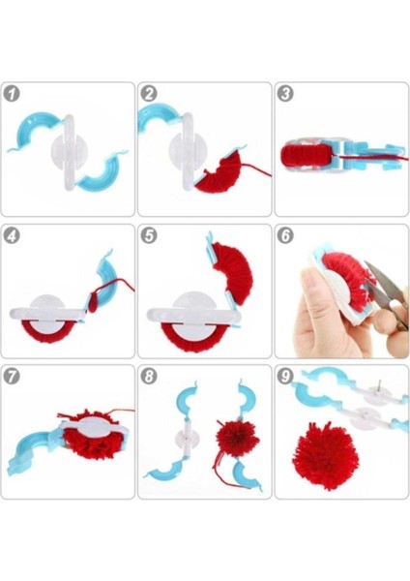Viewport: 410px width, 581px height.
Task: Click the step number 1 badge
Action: (x=12, y=94)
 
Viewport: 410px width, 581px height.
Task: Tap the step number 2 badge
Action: (x=149, y=94)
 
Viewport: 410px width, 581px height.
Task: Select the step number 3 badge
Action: (x=285, y=94)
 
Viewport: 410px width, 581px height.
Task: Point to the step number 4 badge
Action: (x=12, y=235)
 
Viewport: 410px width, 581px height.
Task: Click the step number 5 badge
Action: (x=149, y=235)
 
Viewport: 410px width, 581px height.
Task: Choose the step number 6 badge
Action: (x=285, y=235)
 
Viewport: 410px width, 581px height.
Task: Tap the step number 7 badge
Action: (x=12, y=376)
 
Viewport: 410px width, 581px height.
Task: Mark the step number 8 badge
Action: (x=149, y=376)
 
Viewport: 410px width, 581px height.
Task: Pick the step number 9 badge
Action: (x=285, y=376)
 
